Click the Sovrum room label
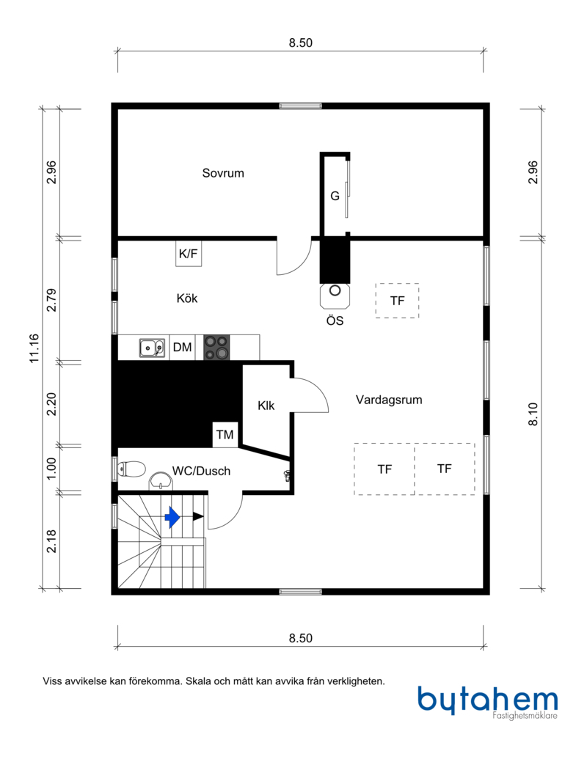tap(223, 173)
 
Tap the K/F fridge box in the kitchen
tap(189, 253)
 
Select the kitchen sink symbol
tap(152, 348)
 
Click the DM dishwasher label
tap(182, 347)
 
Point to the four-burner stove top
tap(216, 348)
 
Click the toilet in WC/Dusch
tap(131, 469)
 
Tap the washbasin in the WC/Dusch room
tap(160, 481)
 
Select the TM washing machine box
tap(225, 435)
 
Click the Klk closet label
tap(266, 406)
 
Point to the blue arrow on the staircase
tap(172, 517)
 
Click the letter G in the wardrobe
tap(335, 196)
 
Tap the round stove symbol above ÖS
tap(335, 290)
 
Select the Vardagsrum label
tap(389, 400)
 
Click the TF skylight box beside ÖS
tap(397, 301)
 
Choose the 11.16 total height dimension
tap(34, 348)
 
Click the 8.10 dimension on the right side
tap(533, 414)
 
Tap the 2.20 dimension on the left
tap(51, 404)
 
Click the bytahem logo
tap(488, 701)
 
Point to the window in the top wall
tap(300, 106)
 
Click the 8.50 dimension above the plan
tap(301, 43)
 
